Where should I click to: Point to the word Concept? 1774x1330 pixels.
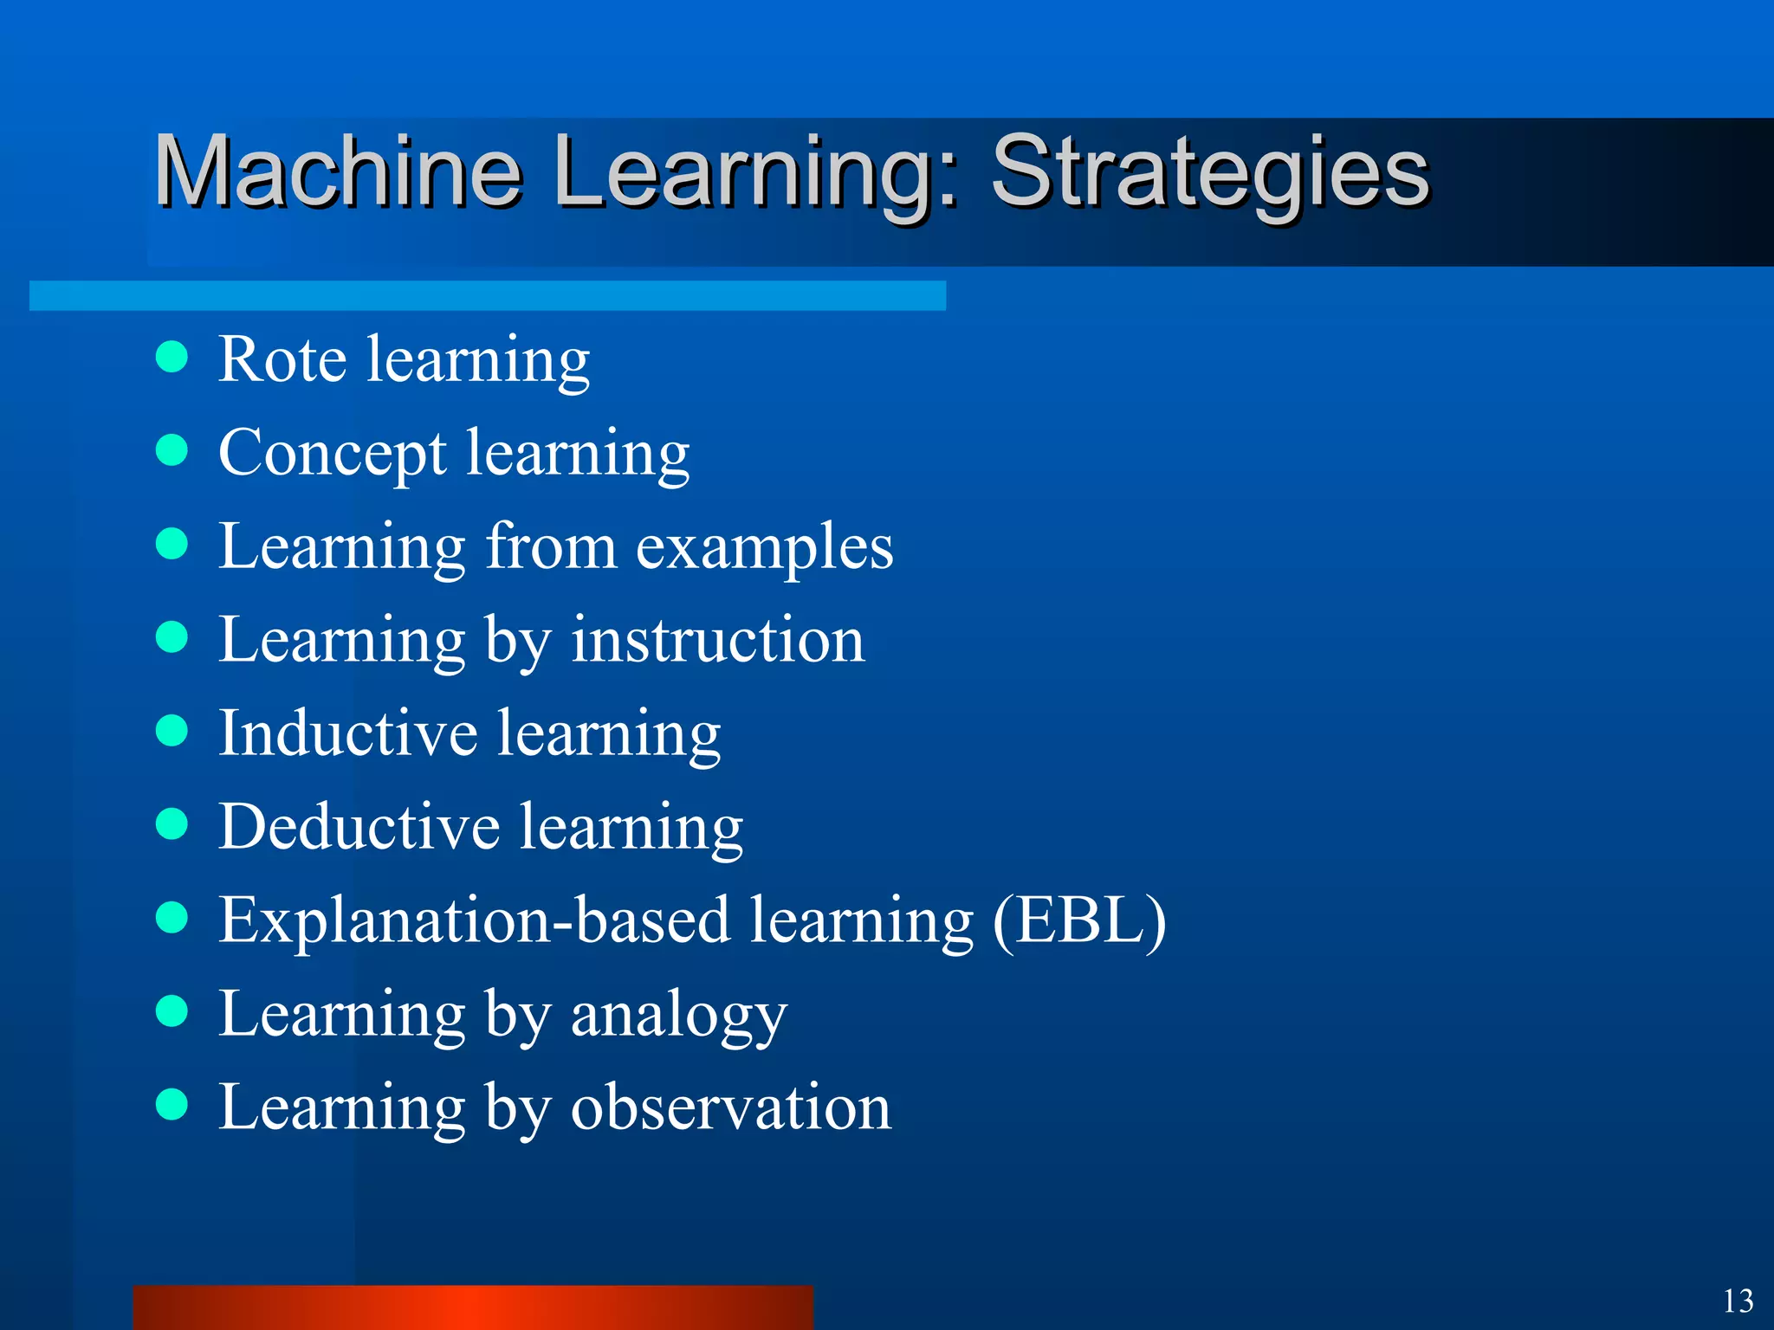pyautogui.click(x=333, y=453)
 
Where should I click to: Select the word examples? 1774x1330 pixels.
pyautogui.click(x=764, y=548)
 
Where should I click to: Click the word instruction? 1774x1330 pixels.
pyautogui.click(x=717, y=641)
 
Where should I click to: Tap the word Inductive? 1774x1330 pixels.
pyautogui.click(x=347, y=733)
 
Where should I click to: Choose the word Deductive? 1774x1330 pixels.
pyautogui.click(x=359, y=827)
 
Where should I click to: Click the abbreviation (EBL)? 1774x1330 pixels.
pyautogui.click(x=1079, y=920)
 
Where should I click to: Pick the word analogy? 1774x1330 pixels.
pyautogui.click(x=678, y=1016)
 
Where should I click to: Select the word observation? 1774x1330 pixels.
pyautogui.click(x=730, y=1107)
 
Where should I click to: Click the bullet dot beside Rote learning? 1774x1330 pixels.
pyautogui.click(x=172, y=356)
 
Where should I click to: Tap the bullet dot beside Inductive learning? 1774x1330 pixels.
pyautogui.click(x=172, y=730)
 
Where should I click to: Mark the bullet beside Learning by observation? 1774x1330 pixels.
pyautogui.click(x=172, y=1104)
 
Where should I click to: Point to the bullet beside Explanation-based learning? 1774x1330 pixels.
pyautogui.click(x=172, y=917)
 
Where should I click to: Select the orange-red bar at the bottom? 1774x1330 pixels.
pyautogui.click(x=473, y=1307)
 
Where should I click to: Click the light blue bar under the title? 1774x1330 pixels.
pyautogui.click(x=487, y=295)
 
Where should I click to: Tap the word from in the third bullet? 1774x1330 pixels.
pyautogui.click(x=551, y=547)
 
